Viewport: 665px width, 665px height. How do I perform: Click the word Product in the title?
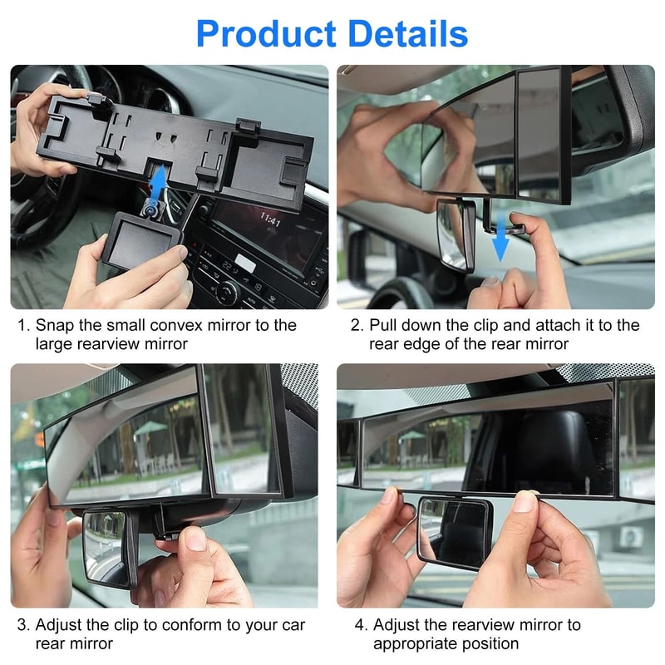point(266,34)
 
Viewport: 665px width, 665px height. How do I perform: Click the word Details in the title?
point(407,34)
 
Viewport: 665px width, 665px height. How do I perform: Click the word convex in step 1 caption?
point(204,325)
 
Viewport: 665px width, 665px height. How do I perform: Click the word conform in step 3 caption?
point(196,624)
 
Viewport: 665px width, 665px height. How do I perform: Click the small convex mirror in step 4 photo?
point(454,531)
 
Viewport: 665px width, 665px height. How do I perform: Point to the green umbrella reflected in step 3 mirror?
point(150,429)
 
